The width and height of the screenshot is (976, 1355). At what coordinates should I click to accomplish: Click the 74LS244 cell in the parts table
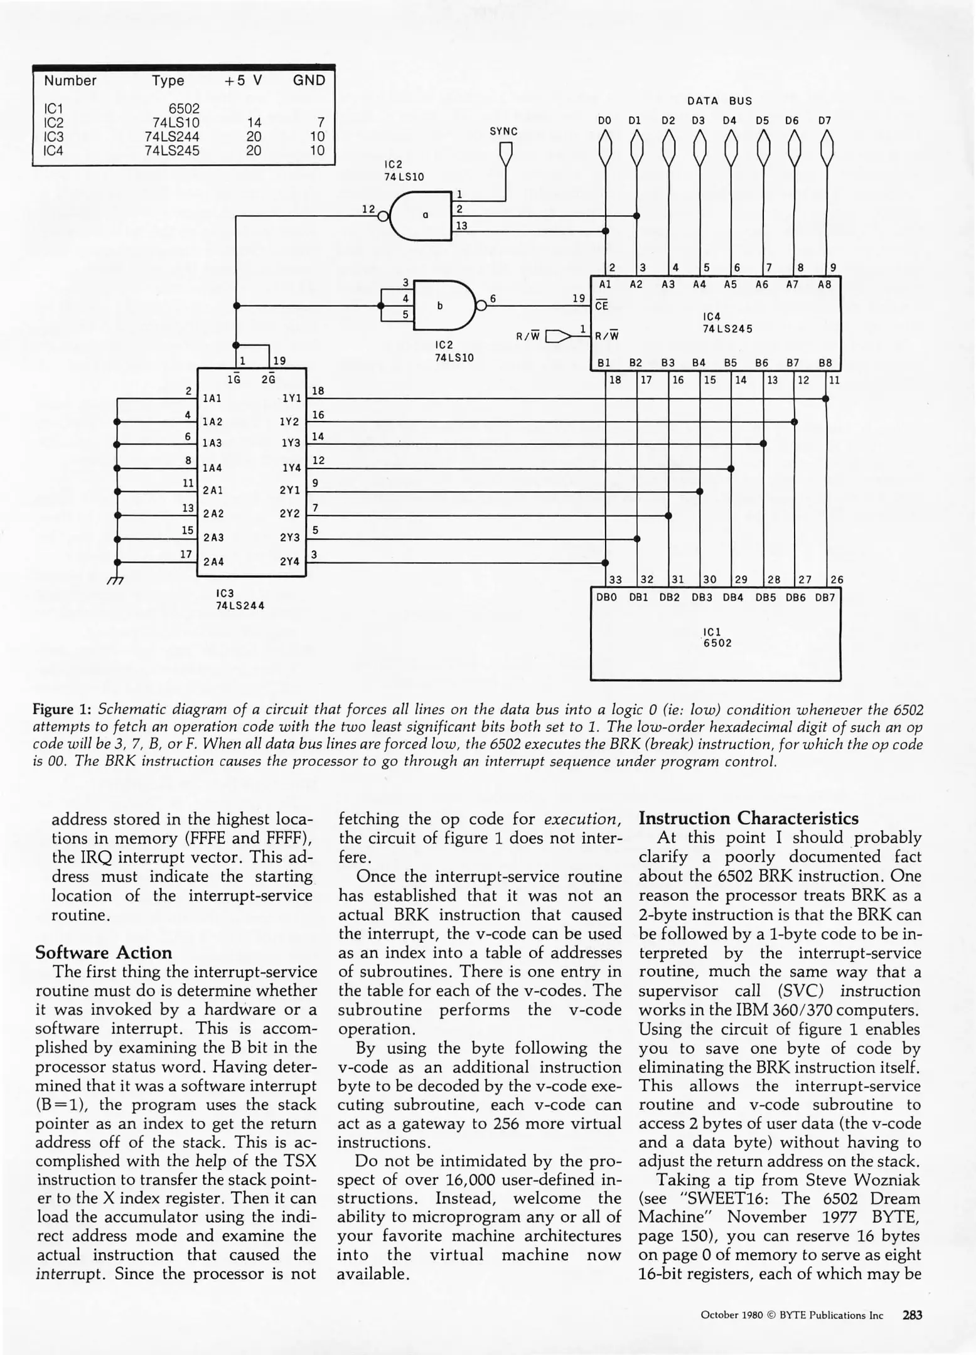pos(171,136)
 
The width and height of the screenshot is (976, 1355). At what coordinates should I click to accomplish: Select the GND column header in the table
pos(309,80)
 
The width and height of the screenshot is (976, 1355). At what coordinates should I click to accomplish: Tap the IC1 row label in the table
pos(53,109)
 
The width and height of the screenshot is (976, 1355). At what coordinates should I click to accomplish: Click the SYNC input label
pos(503,132)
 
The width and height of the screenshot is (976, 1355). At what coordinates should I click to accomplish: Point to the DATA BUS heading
pos(719,101)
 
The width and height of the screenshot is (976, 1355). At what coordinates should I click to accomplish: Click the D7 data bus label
pos(824,120)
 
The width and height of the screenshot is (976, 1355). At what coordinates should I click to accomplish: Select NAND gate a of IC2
pos(421,216)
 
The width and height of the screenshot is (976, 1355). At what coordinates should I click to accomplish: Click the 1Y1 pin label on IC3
pos(291,398)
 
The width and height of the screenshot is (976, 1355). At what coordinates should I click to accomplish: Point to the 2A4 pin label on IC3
pos(213,562)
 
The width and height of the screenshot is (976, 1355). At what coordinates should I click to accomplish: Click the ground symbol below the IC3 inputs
pos(115,580)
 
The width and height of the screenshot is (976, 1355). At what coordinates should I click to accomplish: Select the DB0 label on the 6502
pos(606,597)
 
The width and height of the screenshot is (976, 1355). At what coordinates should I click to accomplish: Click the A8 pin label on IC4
pos(824,284)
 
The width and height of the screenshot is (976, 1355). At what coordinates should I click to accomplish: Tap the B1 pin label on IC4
pos(604,363)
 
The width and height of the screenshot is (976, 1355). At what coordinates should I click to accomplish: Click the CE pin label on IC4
pos(601,306)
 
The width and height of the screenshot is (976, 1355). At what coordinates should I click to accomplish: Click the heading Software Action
pos(104,952)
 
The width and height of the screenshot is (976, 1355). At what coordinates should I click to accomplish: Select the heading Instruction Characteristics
pos(748,818)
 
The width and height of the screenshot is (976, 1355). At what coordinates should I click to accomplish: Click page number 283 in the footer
pos(912,1315)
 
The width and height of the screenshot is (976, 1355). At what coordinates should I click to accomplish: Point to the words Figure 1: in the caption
pos(62,709)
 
